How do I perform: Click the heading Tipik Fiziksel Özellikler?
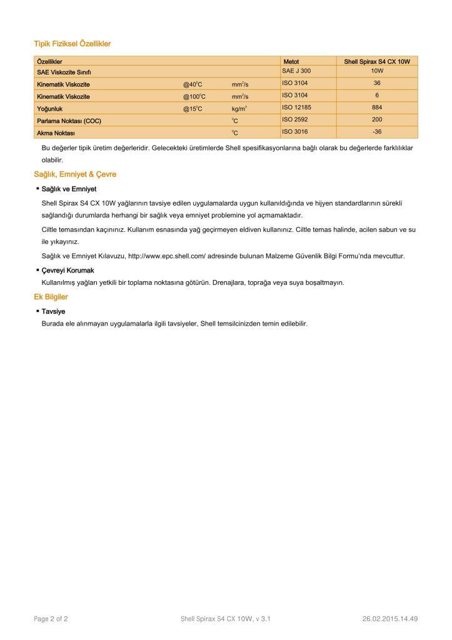pyautogui.click(x=72, y=44)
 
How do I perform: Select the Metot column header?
pyautogui.click(x=291, y=62)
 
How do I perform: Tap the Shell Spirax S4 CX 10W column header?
pyautogui.click(x=376, y=62)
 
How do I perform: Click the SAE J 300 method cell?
pyautogui.click(x=296, y=71)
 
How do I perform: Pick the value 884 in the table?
pyautogui.click(x=377, y=108)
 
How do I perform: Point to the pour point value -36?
pyautogui.click(x=377, y=132)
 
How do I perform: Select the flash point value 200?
pyautogui.click(x=377, y=120)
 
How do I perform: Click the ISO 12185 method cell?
pyautogui.click(x=298, y=108)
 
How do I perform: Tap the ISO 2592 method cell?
pyautogui.click(x=296, y=120)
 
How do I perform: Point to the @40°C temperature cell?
pyautogui.click(x=194, y=84)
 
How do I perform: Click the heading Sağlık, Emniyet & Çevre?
pyautogui.click(x=75, y=174)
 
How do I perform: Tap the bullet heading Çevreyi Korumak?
pyautogui.click(x=68, y=270)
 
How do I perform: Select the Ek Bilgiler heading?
pyautogui.click(x=51, y=297)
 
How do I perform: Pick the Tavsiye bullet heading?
pyautogui.click(x=53, y=311)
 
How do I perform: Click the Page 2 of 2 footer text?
pyautogui.click(x=51, y=619)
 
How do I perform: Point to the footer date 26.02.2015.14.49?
pyautogui.click(x=389, y=619)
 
